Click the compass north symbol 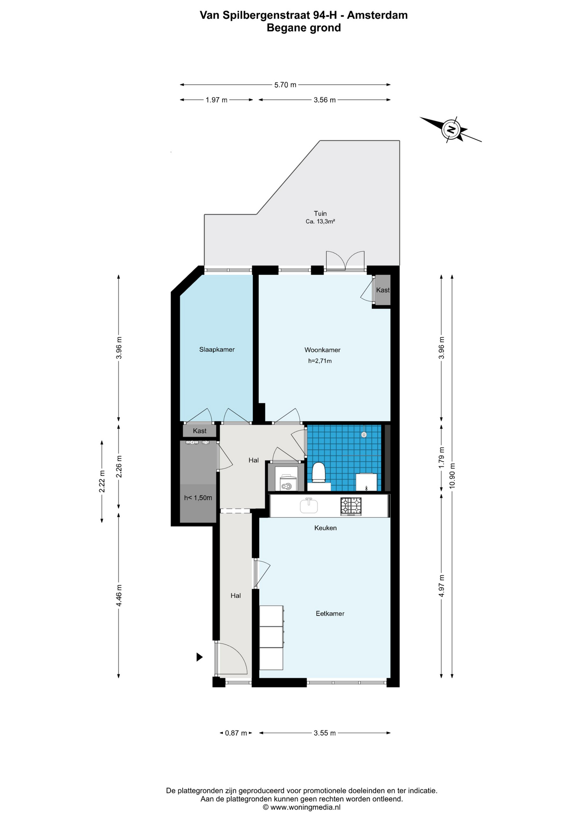tap(451, 129)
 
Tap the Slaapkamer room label tap(217, 349)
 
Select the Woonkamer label tap(322, 350)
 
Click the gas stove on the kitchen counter tap(351, 506)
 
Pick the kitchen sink tap(309, 506)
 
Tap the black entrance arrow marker tap(199, 657)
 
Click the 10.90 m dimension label tap(452, 476)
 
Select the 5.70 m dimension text tap(285, 85)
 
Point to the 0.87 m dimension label tap(236, 733)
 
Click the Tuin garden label tap(320, 213)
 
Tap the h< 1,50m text tap(198, 498)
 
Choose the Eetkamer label tap(330, 614)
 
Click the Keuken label tap(326, 528)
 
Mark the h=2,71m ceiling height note tap(320, 361)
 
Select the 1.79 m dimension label tap(442, 458)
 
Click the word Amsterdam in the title tap(377, 15)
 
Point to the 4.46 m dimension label tap(119, 595)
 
